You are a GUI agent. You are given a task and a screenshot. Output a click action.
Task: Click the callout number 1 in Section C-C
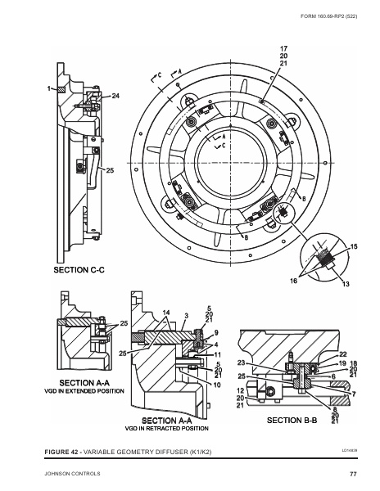click(49, 88)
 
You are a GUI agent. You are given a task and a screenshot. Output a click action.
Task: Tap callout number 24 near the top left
click(115, 97)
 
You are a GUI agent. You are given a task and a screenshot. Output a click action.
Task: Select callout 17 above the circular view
click(283, 48)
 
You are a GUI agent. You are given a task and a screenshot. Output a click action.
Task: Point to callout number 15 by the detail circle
click(354, 246)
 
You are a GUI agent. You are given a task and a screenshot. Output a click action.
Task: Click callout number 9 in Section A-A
click(216, 333)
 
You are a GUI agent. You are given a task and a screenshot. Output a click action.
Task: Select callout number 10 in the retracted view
click(217, 384)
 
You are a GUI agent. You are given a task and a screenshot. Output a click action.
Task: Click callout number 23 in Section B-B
click(242, 363)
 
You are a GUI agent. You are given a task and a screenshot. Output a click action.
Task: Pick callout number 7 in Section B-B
click(354, 394)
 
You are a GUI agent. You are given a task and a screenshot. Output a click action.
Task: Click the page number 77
click(353, 474)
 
